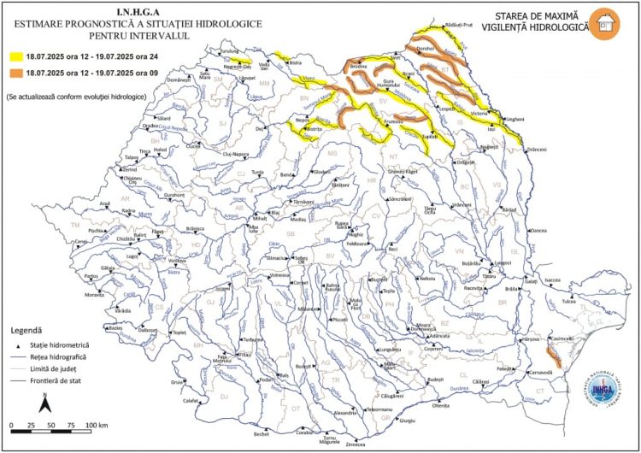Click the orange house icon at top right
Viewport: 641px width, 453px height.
coord(608,24)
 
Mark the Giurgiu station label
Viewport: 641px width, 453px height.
coord(407,421)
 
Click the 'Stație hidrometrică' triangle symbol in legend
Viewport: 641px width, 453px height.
coord(17,344)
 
